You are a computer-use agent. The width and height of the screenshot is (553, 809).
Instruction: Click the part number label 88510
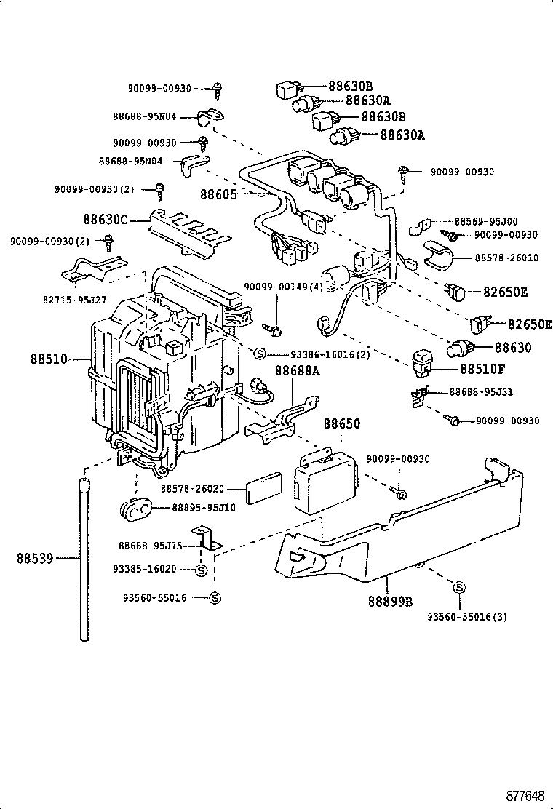(x=49, y=359)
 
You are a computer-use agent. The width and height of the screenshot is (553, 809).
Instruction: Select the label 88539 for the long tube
(x=34, y=558)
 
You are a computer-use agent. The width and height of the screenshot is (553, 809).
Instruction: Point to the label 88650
(x=341, y=423)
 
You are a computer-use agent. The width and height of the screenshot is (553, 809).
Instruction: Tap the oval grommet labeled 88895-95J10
(x=135, y=509)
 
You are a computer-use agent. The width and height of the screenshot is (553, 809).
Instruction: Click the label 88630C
(x=105, y=218)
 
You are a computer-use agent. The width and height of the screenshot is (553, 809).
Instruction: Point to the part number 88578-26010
(x=506, y=258)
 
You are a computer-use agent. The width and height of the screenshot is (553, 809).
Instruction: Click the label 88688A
(x=298, y=370)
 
